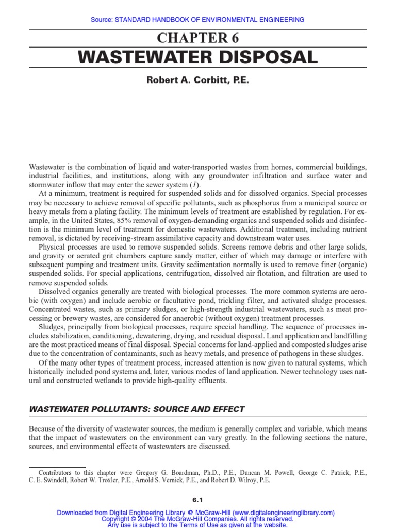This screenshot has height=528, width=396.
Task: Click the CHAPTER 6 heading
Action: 197,38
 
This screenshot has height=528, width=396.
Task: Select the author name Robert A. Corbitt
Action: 176,81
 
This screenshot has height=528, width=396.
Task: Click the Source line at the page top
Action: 197,20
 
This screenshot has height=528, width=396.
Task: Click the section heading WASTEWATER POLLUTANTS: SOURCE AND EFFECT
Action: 137,409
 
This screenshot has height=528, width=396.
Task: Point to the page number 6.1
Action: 197,499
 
